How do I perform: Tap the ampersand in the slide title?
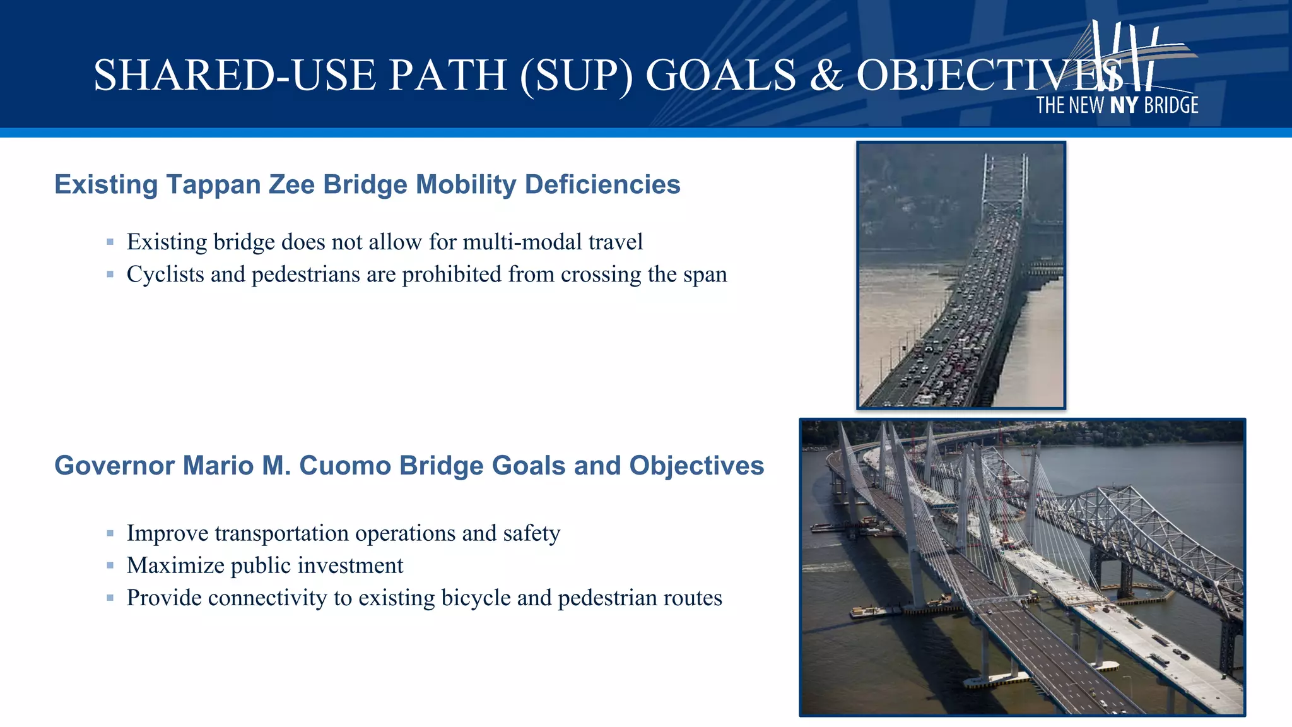click(x=826, y=76)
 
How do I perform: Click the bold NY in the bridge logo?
click(x=1124, y=105)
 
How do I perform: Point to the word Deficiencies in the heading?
click(x=602, y=185)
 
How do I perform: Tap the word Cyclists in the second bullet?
click(x=165, y=275)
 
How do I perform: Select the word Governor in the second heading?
click(x=114, y=466)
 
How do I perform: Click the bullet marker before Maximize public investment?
click(x=110, y=565)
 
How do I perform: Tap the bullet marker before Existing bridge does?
click(x=110, y=242)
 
